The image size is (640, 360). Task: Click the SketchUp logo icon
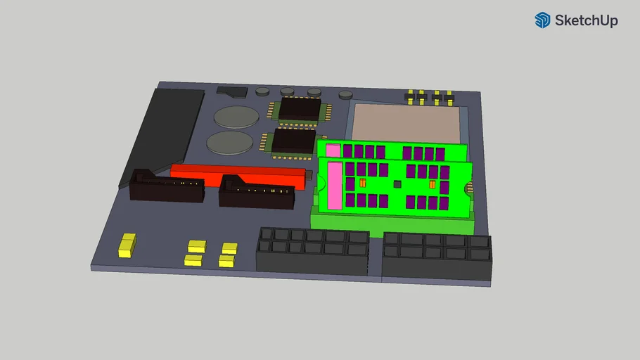tap(542, 20)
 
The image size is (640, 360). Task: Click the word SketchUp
tap(586, 21)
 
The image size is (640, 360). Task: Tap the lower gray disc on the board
tap(229, 143)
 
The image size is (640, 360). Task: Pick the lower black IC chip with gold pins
tap(293, 140)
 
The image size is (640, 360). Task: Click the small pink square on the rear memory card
tap(333, 150)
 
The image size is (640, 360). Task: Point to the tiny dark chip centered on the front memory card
tap(397, 184)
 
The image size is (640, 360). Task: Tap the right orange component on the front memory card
tap(432, 184)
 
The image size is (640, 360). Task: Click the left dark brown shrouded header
tap(167, 187)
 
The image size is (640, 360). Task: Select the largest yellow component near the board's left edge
tap(127, 244)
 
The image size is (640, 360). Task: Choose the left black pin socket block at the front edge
tap(312, 251)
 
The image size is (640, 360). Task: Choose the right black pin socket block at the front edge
tap(437, 256)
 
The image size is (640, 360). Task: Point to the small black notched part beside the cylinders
tap(232, 91)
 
